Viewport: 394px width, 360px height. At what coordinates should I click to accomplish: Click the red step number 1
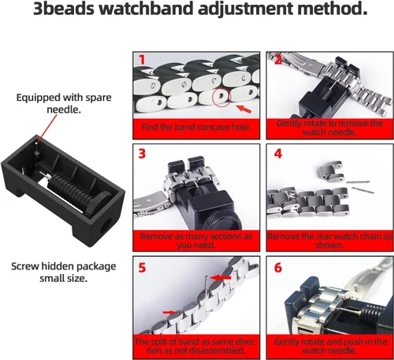click(142, 60)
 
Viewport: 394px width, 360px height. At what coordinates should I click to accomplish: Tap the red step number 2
click(278, 60)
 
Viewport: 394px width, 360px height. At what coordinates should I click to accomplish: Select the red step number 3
click(142, 154)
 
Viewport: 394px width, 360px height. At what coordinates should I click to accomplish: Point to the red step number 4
click(278, 154)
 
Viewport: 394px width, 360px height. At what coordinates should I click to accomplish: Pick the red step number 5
click(142, 268)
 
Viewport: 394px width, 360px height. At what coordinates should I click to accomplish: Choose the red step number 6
click(278, 268)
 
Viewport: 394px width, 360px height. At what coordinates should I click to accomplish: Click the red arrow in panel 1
click(243, 109)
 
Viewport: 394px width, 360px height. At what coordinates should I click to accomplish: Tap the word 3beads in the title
click(64, 9)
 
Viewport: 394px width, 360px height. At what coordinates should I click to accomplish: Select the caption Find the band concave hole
click(196, 128)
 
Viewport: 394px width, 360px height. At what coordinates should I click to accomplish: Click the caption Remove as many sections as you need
click(196, 240)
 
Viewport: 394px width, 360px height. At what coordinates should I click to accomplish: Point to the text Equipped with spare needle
click(64, 103)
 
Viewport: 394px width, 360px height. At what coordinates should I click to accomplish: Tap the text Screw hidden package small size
click(64, 272)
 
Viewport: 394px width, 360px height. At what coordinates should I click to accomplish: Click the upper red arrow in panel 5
click(221, 277)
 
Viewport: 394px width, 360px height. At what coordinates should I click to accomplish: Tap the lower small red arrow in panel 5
click(169, 312)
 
